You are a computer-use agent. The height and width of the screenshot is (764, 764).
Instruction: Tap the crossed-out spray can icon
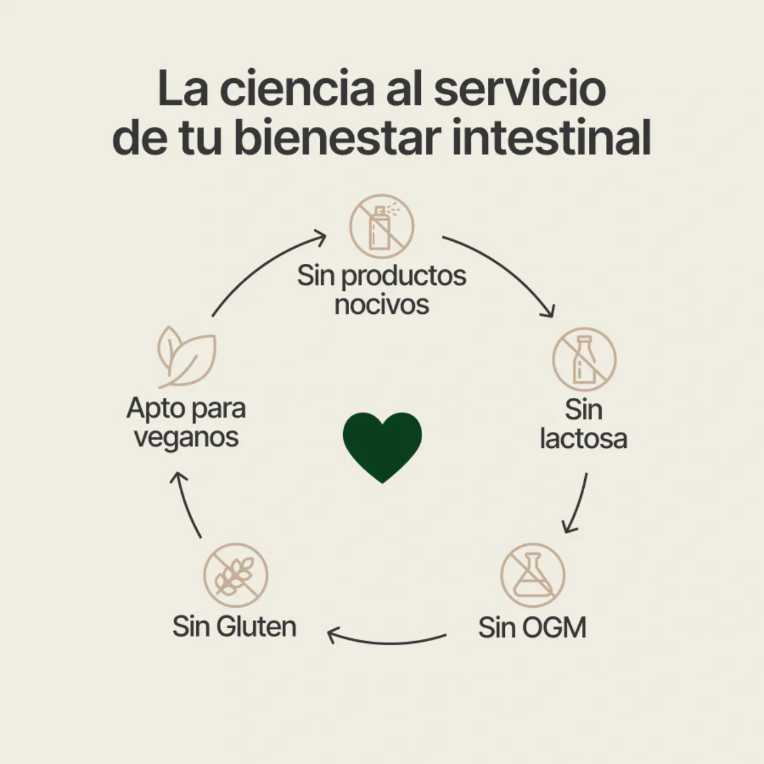point(381,226)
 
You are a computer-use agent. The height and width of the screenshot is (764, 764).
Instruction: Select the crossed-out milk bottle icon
point(584,359)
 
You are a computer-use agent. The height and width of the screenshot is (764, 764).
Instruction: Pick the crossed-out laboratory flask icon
point(532,575)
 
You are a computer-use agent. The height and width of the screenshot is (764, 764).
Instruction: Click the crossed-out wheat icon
point(235,575)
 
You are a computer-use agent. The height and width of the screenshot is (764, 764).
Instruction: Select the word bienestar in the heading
point(338,138)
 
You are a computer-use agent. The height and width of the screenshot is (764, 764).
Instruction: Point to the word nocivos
point(381,304)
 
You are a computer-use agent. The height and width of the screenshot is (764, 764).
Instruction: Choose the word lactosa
point(583,438)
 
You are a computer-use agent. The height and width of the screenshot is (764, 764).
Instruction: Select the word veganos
point(186,437)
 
